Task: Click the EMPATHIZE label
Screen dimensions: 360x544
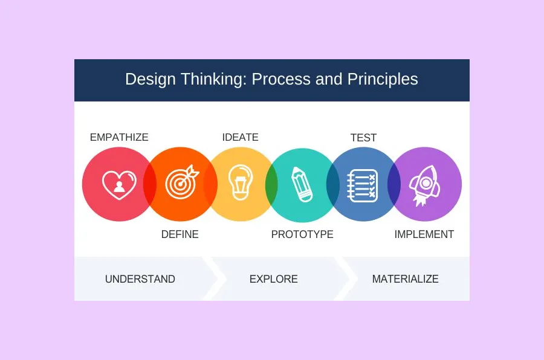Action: point(119,137)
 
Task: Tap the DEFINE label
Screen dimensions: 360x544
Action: point(180,234)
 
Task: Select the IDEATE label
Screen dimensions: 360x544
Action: point(240,137)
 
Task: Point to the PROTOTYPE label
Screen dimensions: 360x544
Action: point(302,234)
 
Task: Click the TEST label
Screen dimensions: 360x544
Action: point(363,138)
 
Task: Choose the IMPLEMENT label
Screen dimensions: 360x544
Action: point(424,234)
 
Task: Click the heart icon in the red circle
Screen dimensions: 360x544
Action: point(118,185)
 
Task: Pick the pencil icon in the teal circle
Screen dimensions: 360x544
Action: point(302,184)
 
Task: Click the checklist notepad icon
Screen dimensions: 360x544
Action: point(363,185)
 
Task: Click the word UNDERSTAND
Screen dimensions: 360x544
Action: point(140,279)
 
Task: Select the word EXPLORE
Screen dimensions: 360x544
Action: point(273,279)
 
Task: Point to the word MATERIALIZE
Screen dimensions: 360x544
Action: point(405,279)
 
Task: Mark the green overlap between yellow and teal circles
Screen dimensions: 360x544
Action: point(271,184)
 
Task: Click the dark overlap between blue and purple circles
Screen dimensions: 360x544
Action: point(393,184)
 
